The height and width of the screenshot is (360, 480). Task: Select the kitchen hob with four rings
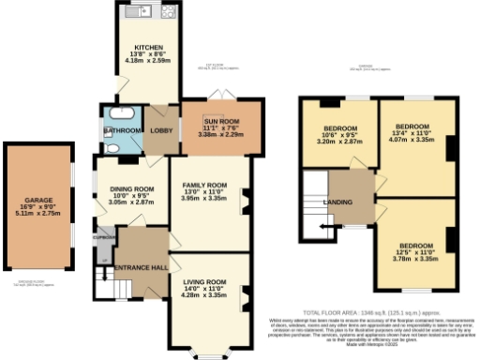point(169,13)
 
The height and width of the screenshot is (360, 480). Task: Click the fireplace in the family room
point(247,199)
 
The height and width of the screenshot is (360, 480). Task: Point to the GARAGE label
point(39,200)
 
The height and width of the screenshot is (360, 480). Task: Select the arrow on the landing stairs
point(324,226)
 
